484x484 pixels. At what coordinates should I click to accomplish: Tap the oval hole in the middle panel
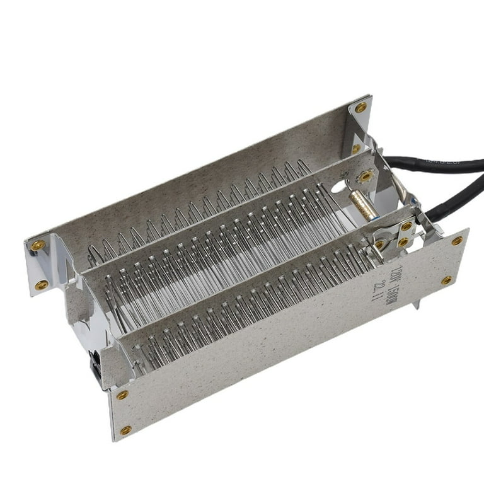(338, 187)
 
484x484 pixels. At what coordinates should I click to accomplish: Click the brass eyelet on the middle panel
(366, 177)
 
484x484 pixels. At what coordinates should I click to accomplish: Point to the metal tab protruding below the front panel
(415, 306)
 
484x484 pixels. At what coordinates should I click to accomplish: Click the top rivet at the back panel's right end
(360, 107)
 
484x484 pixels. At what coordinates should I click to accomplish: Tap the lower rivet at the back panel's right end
(356, 149)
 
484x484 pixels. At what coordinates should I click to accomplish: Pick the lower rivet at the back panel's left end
(42, 285)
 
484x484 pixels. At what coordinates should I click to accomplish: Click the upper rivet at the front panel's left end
(122, 395)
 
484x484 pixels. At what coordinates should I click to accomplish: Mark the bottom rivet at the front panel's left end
(126, 430)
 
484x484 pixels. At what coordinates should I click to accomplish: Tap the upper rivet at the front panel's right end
(457, 241)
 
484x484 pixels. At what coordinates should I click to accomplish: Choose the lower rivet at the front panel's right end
(446, 280)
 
